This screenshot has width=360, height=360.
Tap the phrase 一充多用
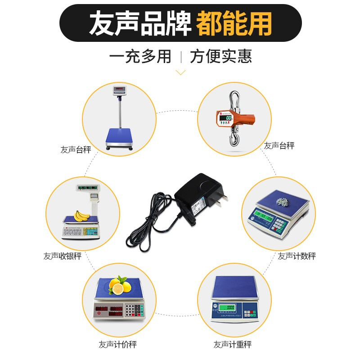140,57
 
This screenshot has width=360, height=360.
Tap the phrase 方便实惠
220,57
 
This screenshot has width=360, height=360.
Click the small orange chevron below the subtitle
180,72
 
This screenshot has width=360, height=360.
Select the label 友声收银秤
63,256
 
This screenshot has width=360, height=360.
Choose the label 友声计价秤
117,345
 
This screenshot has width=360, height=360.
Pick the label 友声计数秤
297,256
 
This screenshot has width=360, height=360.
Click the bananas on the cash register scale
81,216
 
